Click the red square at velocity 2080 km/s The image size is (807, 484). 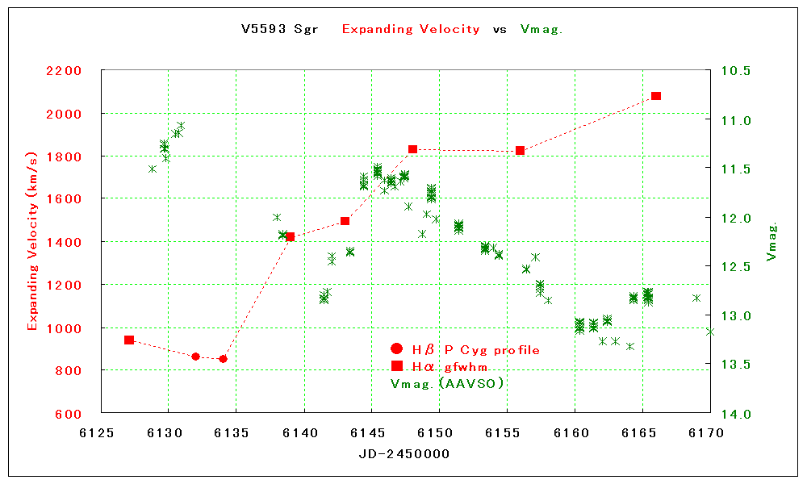(656, 96)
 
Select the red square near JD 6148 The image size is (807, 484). (412, 149)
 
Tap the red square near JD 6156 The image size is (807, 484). (521, 151)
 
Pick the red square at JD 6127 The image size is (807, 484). (129, 340)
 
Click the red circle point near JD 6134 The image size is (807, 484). (223, 359)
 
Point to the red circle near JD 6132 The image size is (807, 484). (195, 357)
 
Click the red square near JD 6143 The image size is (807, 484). (345, 221)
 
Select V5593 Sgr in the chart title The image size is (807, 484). (280, 29)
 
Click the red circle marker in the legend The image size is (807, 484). (396, 349)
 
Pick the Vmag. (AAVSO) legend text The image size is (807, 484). (447, 384)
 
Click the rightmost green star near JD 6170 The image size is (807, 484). (710, 332)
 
